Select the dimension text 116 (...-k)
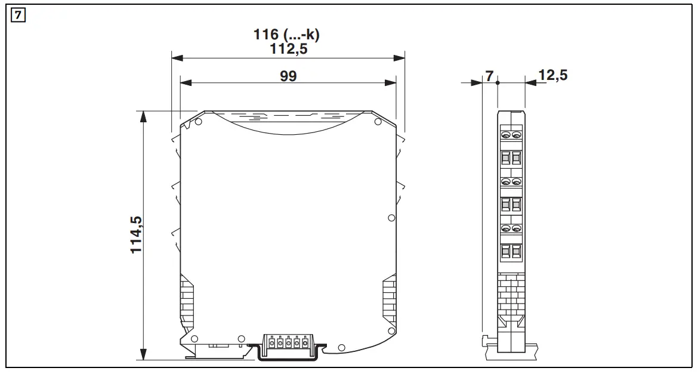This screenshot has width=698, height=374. pyautogui.click(x=287, y=35)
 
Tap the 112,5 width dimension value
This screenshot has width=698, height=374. pyautogui.click(x=288, y=49)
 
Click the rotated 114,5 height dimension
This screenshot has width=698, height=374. pyautogui.click(x=137, y=234)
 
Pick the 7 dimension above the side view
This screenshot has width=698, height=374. pyautogui.click(x=489, y=76)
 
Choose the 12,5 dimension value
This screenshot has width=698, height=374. pyautogui.click(x=552, y=75)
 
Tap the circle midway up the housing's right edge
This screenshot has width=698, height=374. pyautogui.click(x=391, y=218)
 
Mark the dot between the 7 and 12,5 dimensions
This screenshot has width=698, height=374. pyautogui.click(x=498, y=84)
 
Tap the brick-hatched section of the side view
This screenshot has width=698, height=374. pyautogui.click(x=511, y=292)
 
